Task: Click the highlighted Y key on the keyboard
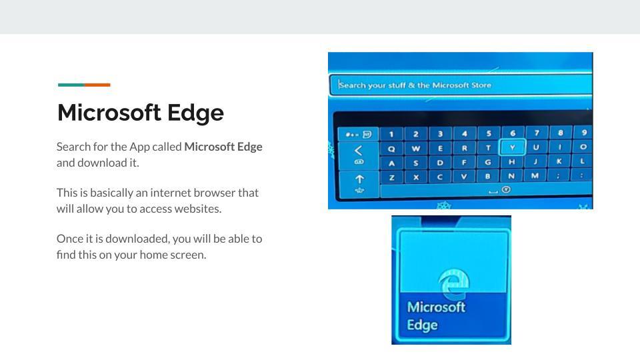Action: (512, 147)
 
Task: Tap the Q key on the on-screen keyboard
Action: (391, 149)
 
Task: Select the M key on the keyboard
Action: (535, 175)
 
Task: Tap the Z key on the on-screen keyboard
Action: (392, 177)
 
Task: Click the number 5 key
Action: (489, 133)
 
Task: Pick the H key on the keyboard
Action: (512, 161)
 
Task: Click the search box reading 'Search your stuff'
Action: (461, 85)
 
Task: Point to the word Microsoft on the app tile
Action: (436, 307)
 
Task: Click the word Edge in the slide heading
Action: (195, 113)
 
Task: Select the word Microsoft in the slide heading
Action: (109, 113)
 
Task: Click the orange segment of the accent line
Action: (97, 85)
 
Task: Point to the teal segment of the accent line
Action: (71, 85)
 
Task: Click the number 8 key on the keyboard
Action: (561, 133)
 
